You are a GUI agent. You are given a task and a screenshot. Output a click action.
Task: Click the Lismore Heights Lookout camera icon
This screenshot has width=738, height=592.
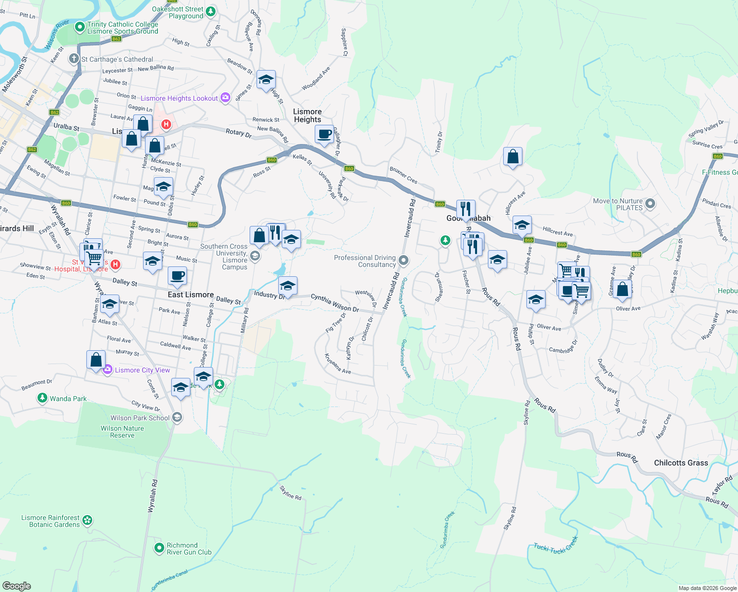pos(225,97)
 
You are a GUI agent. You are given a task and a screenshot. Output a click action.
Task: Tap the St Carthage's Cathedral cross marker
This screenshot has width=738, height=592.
pos(74,59)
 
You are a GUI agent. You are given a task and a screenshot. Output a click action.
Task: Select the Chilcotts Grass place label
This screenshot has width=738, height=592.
pos(681,463)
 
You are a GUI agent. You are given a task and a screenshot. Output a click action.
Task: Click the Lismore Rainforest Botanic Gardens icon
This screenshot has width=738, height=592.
pos(87,520)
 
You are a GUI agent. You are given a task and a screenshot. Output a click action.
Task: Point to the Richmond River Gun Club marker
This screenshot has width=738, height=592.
pos(159,548)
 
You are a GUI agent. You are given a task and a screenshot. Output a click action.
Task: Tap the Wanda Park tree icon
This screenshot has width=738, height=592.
pos(42,398)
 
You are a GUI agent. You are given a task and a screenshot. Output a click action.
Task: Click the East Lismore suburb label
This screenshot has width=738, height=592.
pos(190,295)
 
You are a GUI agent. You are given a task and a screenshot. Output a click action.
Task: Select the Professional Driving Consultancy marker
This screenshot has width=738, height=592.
pos(404,260)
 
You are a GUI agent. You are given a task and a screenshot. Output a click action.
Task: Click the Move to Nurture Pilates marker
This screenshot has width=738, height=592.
pos(650,203)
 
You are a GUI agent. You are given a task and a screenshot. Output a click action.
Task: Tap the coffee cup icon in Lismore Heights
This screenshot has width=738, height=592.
pos(324,135)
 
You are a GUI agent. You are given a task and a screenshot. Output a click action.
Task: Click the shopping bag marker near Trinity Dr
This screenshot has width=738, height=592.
pos(513,157)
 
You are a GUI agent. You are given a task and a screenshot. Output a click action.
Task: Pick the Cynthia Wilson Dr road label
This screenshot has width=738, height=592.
pos(334,302)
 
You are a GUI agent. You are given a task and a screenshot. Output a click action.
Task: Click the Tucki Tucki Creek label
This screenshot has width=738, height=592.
pos(555,546)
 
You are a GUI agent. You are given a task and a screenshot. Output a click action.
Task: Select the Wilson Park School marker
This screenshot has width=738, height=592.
pos(177,417)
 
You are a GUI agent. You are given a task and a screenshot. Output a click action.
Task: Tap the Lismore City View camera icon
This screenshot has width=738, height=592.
pos(108,370)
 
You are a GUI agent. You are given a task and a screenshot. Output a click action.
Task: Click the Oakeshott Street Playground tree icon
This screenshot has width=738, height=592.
pos(211,11)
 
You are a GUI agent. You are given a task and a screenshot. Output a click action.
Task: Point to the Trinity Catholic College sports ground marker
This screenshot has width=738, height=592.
pos(80,27)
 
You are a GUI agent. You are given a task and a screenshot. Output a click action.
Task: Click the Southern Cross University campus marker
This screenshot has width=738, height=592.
pos(255,256)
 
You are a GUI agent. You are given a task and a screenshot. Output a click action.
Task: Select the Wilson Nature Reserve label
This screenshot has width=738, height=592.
pos(122,432)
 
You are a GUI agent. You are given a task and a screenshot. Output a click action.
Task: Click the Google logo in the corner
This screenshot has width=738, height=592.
pos(17,586)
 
